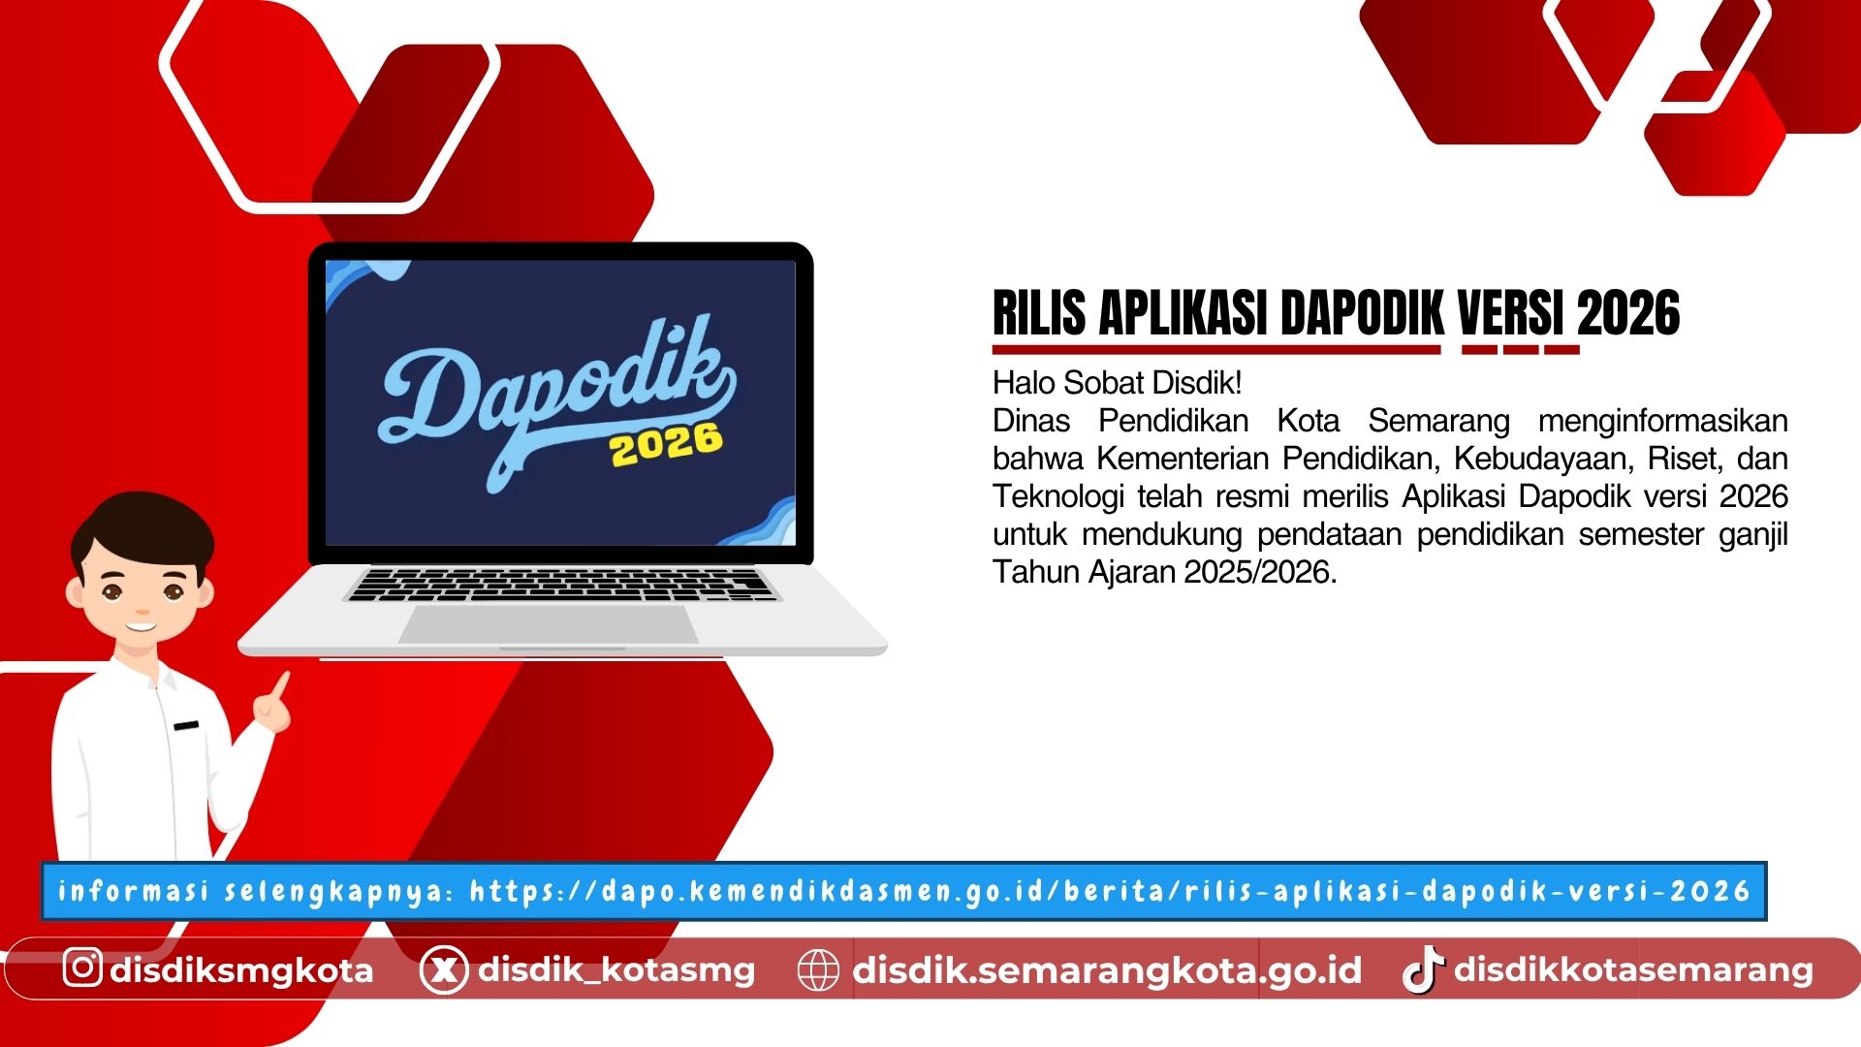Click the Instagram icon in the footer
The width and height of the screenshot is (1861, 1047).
(82, 968)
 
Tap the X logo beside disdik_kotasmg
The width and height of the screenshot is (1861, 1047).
(444, 969)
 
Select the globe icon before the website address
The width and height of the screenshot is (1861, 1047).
(817, 969)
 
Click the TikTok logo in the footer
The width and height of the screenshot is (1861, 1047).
(1423, 969)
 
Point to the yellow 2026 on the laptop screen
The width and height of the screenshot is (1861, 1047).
(666, 444)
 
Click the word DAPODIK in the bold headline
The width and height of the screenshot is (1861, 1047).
(1363, 313)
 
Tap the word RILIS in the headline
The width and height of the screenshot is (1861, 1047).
(1039, 313)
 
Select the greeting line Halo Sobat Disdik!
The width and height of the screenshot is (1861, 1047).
(1117, 383)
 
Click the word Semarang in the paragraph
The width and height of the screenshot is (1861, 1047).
(1438, 421)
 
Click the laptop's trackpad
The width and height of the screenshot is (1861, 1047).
(549, 624)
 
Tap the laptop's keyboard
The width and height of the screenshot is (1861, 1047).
(563, 585)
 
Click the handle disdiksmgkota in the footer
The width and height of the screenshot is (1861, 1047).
(241, 969)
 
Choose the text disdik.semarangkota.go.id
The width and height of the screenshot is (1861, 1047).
(1107, 969)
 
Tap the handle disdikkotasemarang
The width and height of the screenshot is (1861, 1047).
(1633, 969)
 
